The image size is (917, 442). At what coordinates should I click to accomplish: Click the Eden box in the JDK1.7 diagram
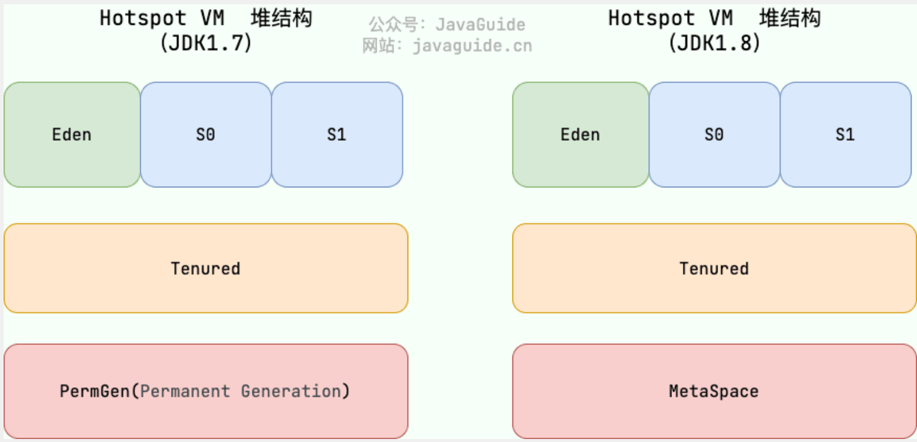(x=72, y=135)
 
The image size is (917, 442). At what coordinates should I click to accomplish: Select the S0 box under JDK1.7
(x=206, y=135)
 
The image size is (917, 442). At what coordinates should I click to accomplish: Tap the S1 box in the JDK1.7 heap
(x=337, y=135)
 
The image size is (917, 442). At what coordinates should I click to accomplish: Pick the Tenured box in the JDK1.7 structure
(x=206, y=268)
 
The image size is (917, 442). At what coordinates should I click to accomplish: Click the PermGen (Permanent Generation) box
(x=206, y=391)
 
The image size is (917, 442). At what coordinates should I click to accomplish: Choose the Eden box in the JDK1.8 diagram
(x=580, y=135)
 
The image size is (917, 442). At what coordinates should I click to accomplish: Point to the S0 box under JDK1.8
(x=714, y=135)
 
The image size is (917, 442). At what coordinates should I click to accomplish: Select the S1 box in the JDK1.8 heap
(x=846, y=135)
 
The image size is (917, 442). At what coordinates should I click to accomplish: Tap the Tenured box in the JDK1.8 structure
(x=714, y=268)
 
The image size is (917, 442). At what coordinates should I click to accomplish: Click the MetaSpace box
(x=714, y=391)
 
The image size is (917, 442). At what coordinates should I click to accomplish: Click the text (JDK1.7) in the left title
(x=206, y=43)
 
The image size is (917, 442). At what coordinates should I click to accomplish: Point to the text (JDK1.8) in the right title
(x=714, y=43)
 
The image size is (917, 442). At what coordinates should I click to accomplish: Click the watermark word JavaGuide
(x=480, y=24)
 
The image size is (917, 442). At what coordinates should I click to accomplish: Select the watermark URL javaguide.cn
(x=472, y=46)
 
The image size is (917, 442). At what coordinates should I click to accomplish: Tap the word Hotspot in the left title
(x=143, y=18)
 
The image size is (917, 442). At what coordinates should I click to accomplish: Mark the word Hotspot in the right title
(x=652, y=18)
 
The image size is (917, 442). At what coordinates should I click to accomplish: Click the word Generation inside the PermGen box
(x=291, y=391)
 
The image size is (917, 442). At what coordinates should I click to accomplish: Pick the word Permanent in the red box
(x=185, y=391)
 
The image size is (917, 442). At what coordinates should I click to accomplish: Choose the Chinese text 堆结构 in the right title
(x=790, y=18)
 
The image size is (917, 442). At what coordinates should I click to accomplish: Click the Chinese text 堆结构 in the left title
(x=281, y=18)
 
